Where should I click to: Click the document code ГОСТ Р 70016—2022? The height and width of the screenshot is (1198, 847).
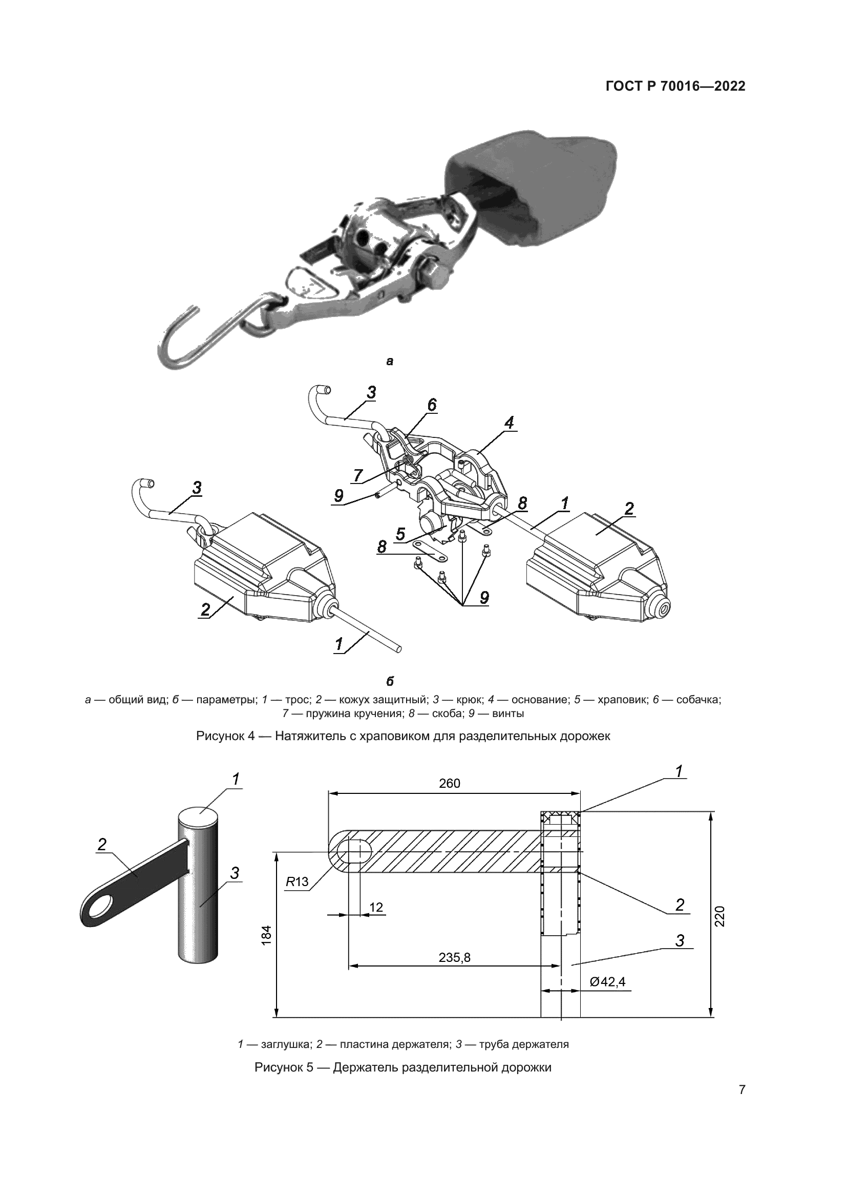pyautogui.click(x=675, y=87)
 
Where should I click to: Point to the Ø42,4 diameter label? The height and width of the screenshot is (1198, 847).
pyautogui.click(x=608, y=981)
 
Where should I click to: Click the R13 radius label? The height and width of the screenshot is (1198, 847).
pyautogui.click(x=298, y=882)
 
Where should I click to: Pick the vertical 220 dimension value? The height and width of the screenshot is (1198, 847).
pyautogui.click(x=719, y=916)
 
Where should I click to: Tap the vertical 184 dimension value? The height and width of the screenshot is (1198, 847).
pyautogui.click(x=266, y=937)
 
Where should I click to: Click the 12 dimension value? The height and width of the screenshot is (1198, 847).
pyautogui.click(x=376, y=907)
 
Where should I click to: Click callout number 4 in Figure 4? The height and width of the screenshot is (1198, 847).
pyautogui.click(x=509, y=422)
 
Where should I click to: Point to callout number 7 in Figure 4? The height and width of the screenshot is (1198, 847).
pyautogui.click(x=358, y=475)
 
